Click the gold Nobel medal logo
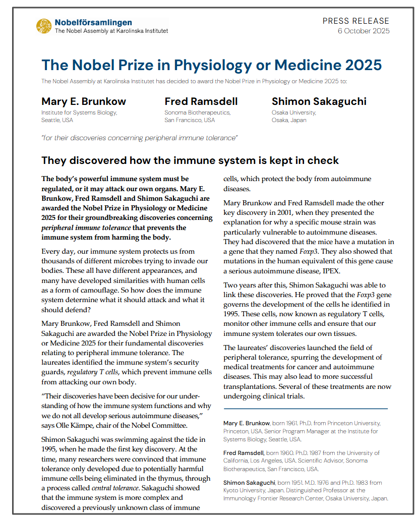tap(44, 26)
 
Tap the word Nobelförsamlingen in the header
tap(93, 22)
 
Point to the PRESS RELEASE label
tap(356, 21)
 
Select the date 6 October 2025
tap(363, 31)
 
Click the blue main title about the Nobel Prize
tap(211, 65)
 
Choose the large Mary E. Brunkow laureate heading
tap(84, 101)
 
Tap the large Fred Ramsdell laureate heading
tap(201, 101)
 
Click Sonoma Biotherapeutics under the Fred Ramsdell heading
tap(197, 112)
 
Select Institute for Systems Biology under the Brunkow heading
tap(79, 112)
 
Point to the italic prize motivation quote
tap(140, 138)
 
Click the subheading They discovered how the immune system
tap(190, 160)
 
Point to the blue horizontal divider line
tap(306, 409)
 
